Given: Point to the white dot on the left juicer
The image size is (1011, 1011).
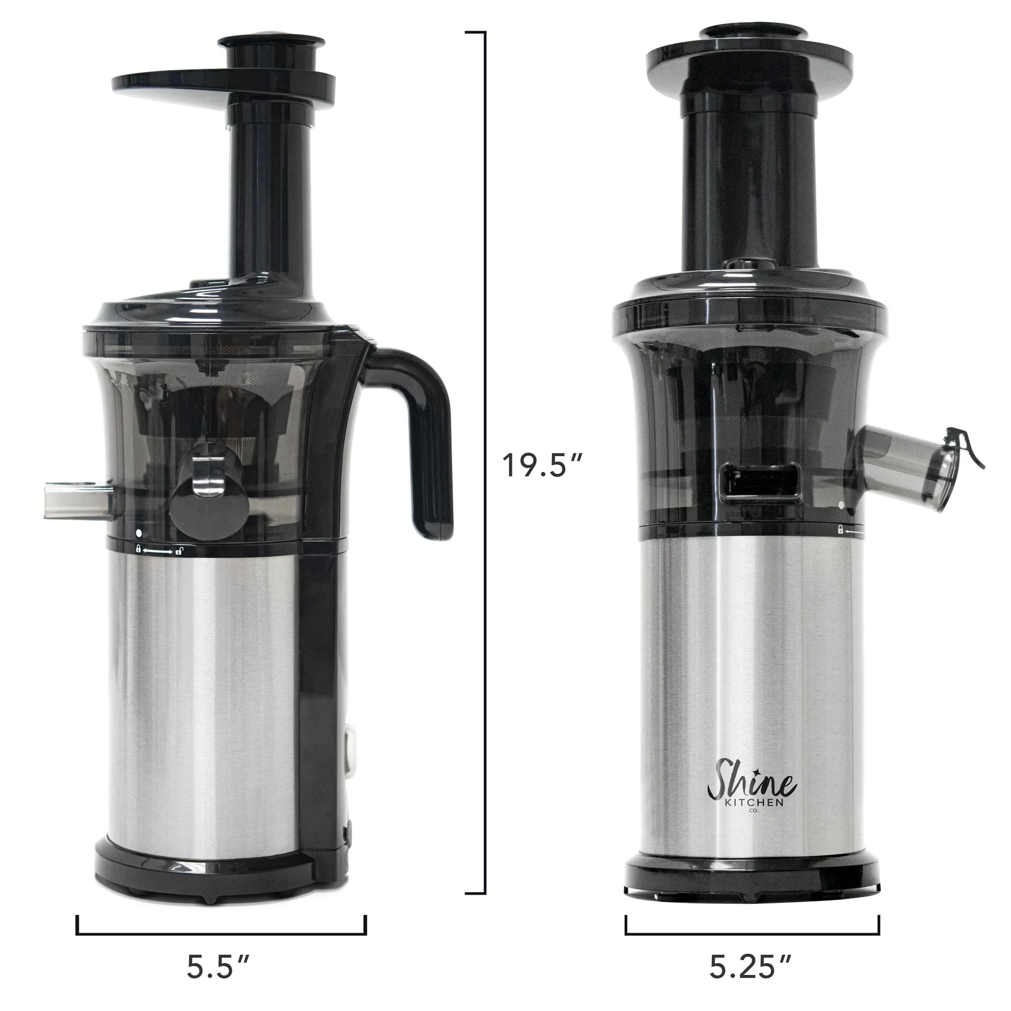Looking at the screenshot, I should coord(139,534).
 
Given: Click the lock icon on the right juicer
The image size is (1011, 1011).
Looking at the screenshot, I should coord(840,530).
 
